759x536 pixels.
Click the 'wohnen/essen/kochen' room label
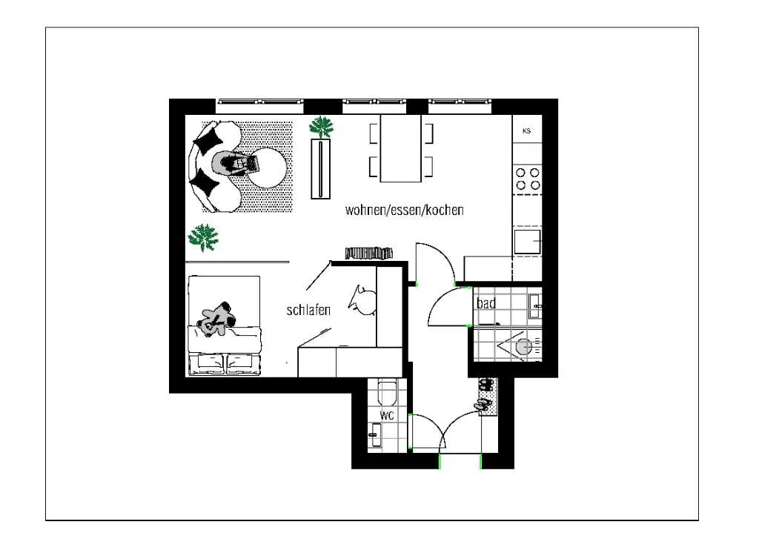coord(405,210)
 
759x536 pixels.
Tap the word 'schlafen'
coord(308,310)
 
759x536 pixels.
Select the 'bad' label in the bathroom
coord(486,304)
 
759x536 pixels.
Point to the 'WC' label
coord(387,415)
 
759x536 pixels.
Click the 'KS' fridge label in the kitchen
coord(527,130)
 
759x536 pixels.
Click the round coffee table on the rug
coord(267,168)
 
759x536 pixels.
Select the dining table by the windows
coord(401,148)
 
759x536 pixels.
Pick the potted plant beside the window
coord(322,128)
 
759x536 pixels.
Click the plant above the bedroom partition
coord(203,238)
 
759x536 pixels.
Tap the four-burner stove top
coord(527,179)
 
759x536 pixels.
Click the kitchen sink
coord(527,242)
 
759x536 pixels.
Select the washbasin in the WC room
coord(375,435)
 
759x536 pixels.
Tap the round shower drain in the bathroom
coord(524,347)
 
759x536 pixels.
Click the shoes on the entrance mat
coord(485,394)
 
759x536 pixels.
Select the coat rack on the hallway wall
coord(369,254)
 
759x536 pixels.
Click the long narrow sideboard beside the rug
coord(320,168)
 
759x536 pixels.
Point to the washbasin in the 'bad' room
coord(535,306)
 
